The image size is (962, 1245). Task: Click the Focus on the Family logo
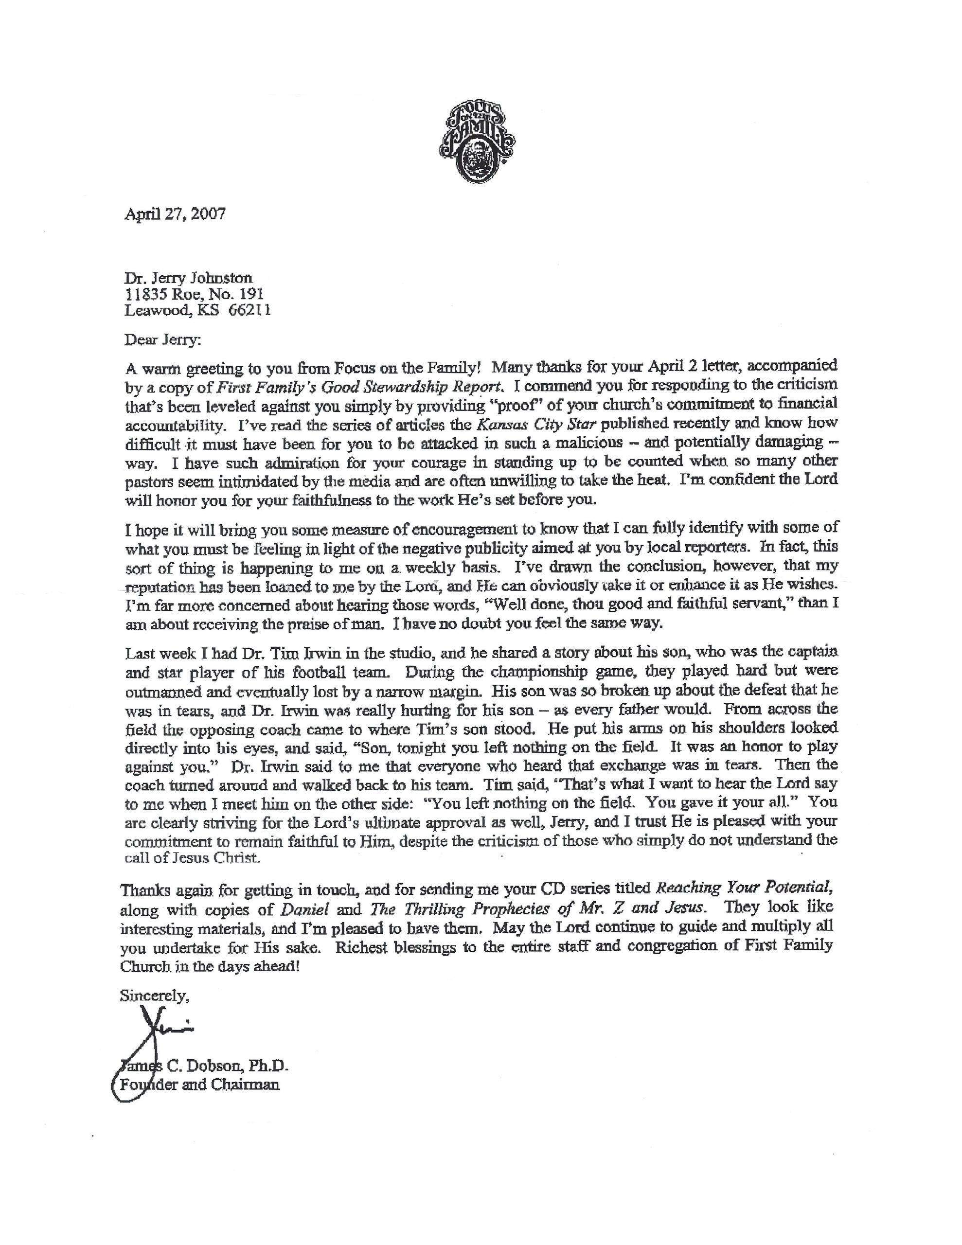(476, 140)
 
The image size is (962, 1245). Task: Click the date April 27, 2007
(175, 214)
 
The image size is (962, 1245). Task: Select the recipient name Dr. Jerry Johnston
(188, 278)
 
